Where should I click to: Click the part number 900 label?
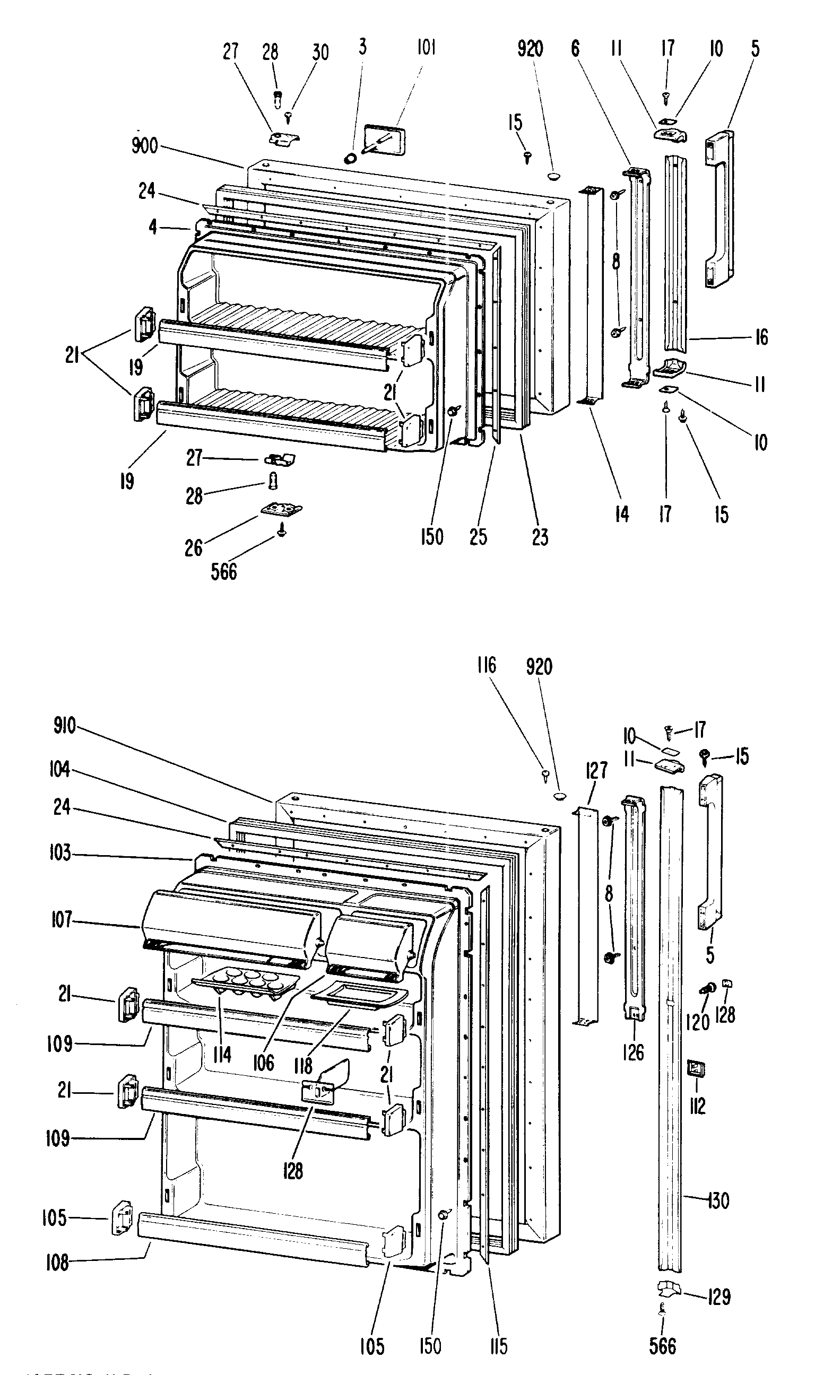point(144,146)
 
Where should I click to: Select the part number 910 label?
point(64,726)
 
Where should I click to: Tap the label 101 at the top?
point(426,48)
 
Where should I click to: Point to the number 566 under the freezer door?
point(223,572)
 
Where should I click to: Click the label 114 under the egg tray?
point(222,1055)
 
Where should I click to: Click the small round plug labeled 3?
point(350,159)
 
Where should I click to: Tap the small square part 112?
point(696,1068)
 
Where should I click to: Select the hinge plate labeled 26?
point(281,510)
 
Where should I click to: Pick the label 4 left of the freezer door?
point(153,226)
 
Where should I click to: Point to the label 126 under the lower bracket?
point(632,1052)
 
